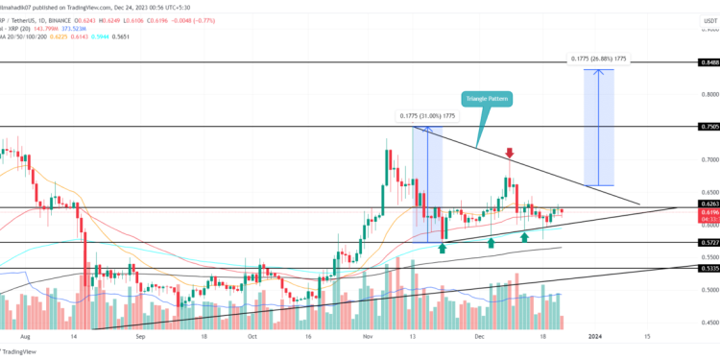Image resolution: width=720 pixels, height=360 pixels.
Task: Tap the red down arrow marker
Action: [509, 153]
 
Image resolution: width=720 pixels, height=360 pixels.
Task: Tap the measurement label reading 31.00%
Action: [428, 116]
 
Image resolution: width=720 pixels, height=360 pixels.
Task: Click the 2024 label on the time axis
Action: [595, 337]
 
